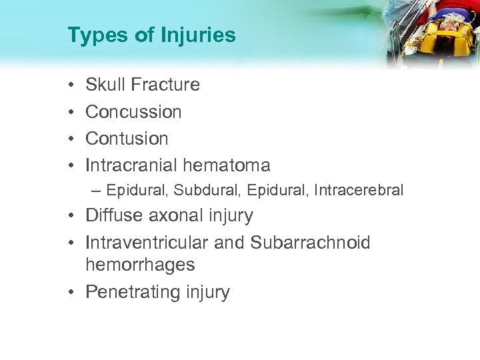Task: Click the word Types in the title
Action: point(91,35)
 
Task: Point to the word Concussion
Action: point(133,111)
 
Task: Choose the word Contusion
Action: point(127,138)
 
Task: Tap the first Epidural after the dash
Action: point(137,191)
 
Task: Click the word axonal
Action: point(176,216)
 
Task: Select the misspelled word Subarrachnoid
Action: point(310,243)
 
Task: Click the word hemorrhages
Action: point(140,265)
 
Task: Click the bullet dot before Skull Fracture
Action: point(71,85)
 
